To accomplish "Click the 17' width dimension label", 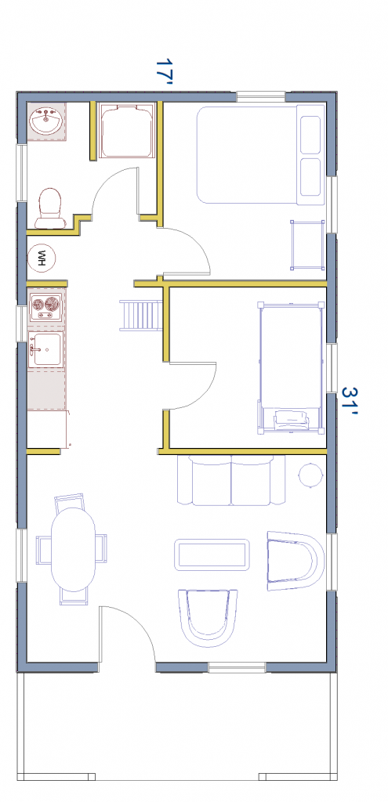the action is [165, 71].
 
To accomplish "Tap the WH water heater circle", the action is [41, 257].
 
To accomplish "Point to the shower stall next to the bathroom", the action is [126, 131].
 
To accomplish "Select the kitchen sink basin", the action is [46, 349].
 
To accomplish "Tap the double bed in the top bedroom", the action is [260, 154].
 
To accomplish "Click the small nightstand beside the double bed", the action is [307, 244].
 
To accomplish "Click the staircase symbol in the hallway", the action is [141, 316].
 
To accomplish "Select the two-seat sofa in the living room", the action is [231, 480].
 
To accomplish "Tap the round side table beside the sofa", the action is [310, 475].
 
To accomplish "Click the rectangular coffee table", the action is [212, 554].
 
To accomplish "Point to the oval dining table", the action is [74, 549].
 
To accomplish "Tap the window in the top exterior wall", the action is [260, 96].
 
